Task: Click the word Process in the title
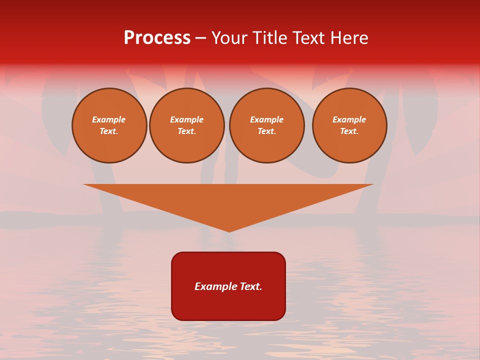pos(157,38)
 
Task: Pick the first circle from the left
pos(109,125)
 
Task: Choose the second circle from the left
pos(187,125)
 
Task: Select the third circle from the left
pos(267,125)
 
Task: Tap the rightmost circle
pos(349,125)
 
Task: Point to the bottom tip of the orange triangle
pos(229,231)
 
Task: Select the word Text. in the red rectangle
pos(251,286)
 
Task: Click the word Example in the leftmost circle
pos(109,119)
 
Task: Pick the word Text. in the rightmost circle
pos(349,131)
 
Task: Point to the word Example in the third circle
pos(267,119)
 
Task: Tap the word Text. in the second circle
pos(187,131)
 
